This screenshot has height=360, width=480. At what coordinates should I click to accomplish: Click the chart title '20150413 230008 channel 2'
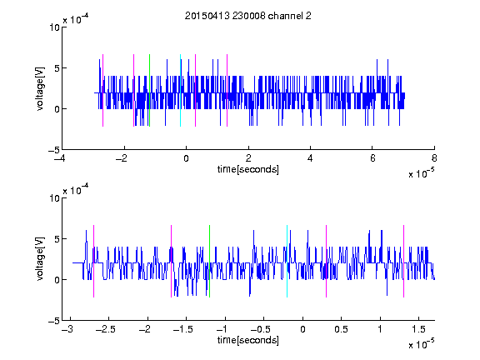pyautogui.click(x=248, y=16)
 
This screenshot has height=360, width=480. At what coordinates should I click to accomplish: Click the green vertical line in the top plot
pyautogui.click(x=149, y=90)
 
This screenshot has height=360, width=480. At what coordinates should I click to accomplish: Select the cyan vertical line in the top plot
pyautogui.click(x=180, y=90)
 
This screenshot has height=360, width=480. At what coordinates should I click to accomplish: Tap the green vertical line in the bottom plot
pyautogui.click(x=209, y=261)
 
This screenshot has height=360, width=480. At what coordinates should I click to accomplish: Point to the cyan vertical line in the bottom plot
pyautogui.click(x=287, y=261)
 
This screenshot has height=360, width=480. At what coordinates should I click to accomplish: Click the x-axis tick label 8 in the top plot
pyautogui.click(x=434, y=158)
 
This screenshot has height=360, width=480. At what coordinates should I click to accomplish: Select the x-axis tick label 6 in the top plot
pyautogui.click(x=372, y=158)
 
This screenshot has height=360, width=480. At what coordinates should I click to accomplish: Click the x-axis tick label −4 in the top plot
pyautogui.click(x=59, y=158)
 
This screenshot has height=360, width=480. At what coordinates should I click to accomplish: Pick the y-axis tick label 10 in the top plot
pyautogui.click(x=54, y=27)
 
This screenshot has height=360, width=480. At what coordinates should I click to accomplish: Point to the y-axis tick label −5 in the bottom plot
pyautogui.click(x=54, y=321)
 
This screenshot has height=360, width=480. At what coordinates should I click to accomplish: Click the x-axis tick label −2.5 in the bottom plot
pyautogui.click(x=105, y=329)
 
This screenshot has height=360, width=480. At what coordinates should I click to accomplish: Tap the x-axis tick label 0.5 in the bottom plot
pyautogui.click(x=342, y=329)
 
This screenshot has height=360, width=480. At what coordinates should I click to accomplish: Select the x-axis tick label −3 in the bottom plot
pyautogui.click(x=67, y=329)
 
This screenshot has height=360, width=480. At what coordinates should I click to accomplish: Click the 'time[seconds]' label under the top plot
pyautogui.click(x=248, y=169)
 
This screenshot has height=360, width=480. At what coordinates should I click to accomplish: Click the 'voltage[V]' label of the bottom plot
pyautogui.click(x=40, y=259)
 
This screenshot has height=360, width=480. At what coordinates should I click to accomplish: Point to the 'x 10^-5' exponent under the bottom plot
pyautogui.click(x=421, y=344)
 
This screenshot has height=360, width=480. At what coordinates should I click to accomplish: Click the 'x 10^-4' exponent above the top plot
pyautogui.click(x=76, y=19)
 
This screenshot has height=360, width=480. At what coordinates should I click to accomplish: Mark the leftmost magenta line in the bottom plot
pyautogui.click(x=93, y=261)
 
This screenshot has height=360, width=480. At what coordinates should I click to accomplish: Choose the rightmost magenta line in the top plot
pyautogui.click(x=227, y=90)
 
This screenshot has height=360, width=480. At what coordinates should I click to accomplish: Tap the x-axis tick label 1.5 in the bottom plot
pyautogui.click(x=418, y=329)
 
